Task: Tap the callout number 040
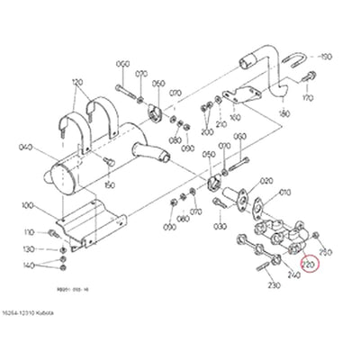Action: (24, 148)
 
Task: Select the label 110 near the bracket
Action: (28, 232)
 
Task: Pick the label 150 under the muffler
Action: (110, 185)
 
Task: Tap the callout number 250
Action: (326, 252)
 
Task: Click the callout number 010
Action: (286, 193)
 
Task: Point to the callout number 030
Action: (242, 175)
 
